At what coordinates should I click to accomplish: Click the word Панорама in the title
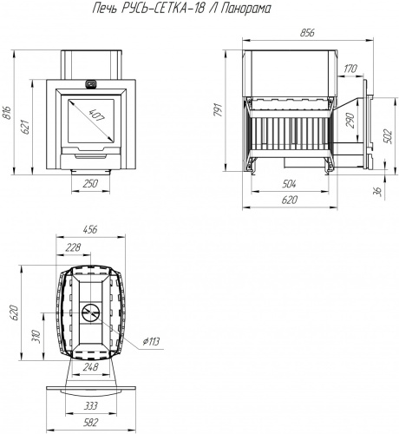point(245,9)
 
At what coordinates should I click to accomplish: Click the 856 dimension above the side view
point(307,33)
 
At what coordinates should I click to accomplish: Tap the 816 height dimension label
point(6,113)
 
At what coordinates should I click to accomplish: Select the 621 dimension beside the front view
point(25,127)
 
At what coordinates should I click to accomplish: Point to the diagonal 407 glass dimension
point(96,115)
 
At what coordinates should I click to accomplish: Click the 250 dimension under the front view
point(90,183)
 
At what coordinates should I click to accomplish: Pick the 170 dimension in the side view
point(350,69)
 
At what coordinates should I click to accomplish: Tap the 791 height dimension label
point(218,110)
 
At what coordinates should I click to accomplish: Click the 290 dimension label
point(350,121)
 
